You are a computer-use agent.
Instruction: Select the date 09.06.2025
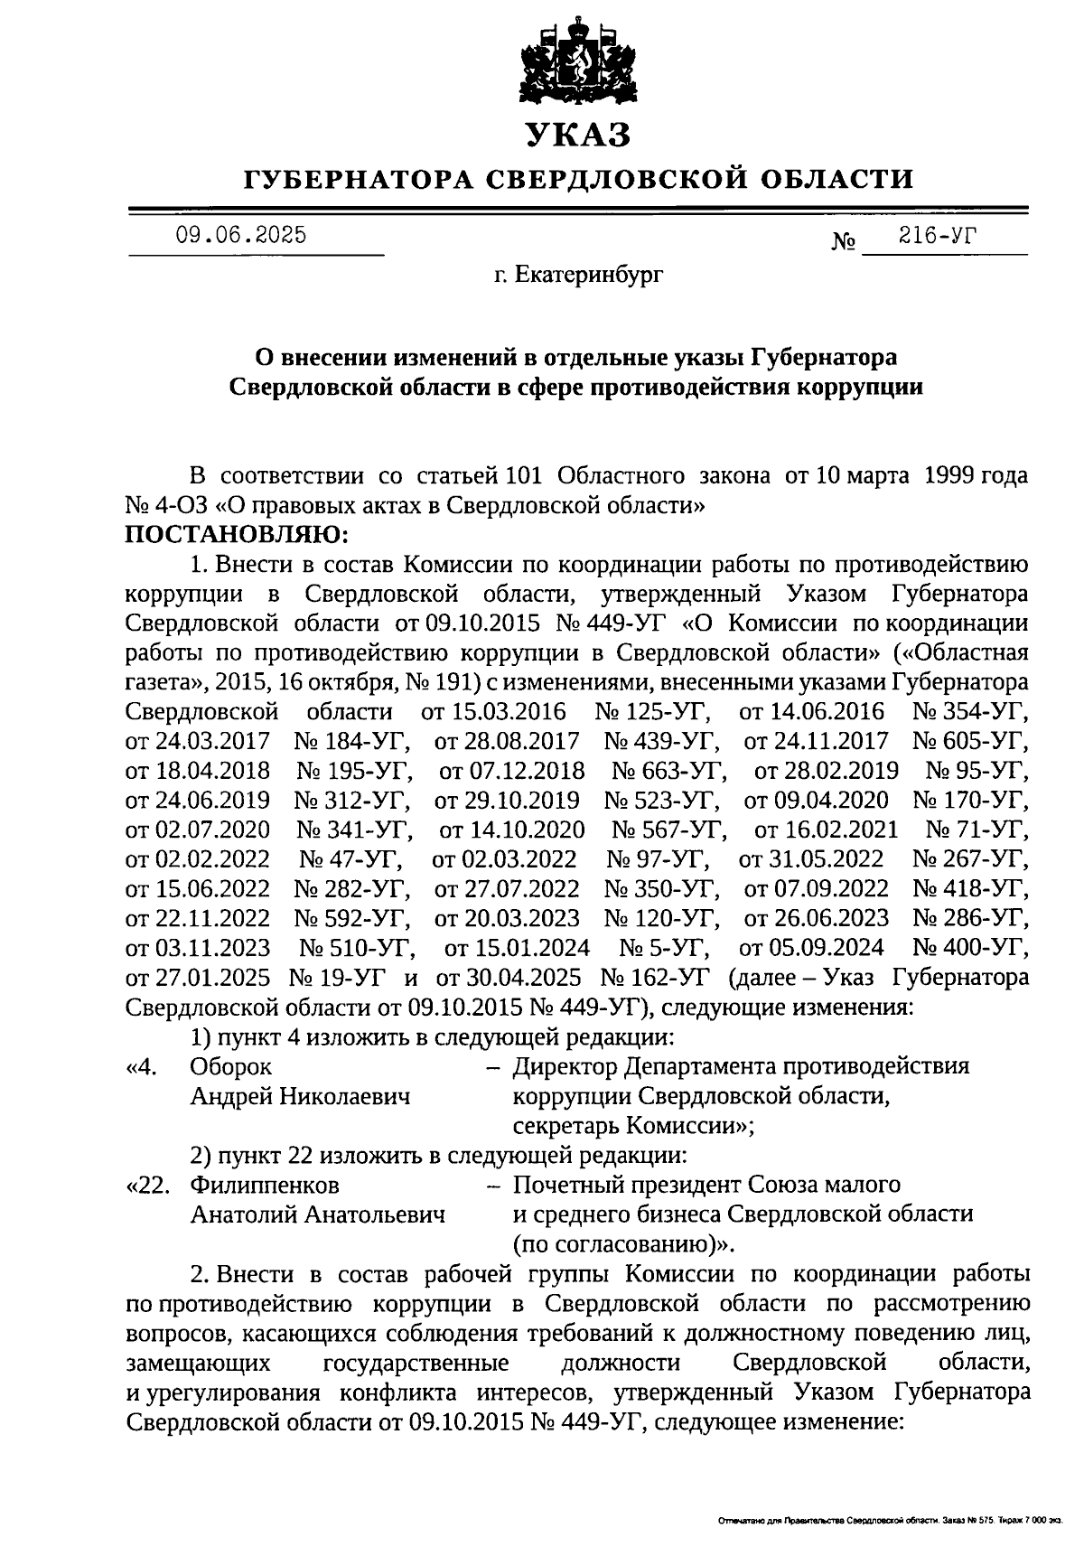241,236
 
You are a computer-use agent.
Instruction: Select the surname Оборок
230,1066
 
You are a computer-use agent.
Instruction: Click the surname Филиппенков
266,1184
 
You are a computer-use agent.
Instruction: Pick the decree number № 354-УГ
970,711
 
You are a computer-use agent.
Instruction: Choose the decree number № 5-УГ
664,948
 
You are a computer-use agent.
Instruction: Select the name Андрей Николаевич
300,1096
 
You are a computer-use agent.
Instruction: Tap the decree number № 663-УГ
668,771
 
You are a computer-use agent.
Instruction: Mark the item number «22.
150,1184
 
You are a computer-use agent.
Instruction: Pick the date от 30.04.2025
509,978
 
